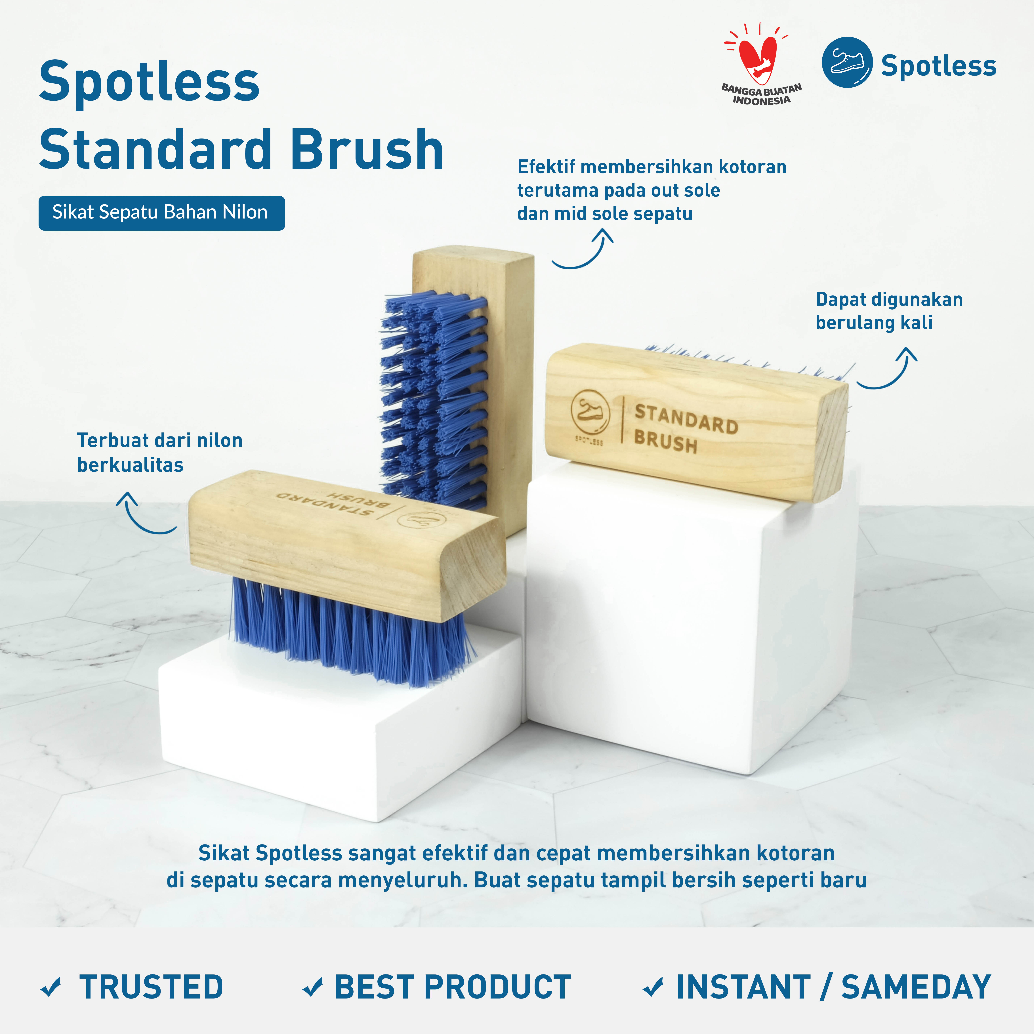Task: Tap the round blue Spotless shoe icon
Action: pos(847,62)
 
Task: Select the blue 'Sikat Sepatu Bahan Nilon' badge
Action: pos(162,213)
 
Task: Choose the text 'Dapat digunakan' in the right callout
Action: pos(889,300)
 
